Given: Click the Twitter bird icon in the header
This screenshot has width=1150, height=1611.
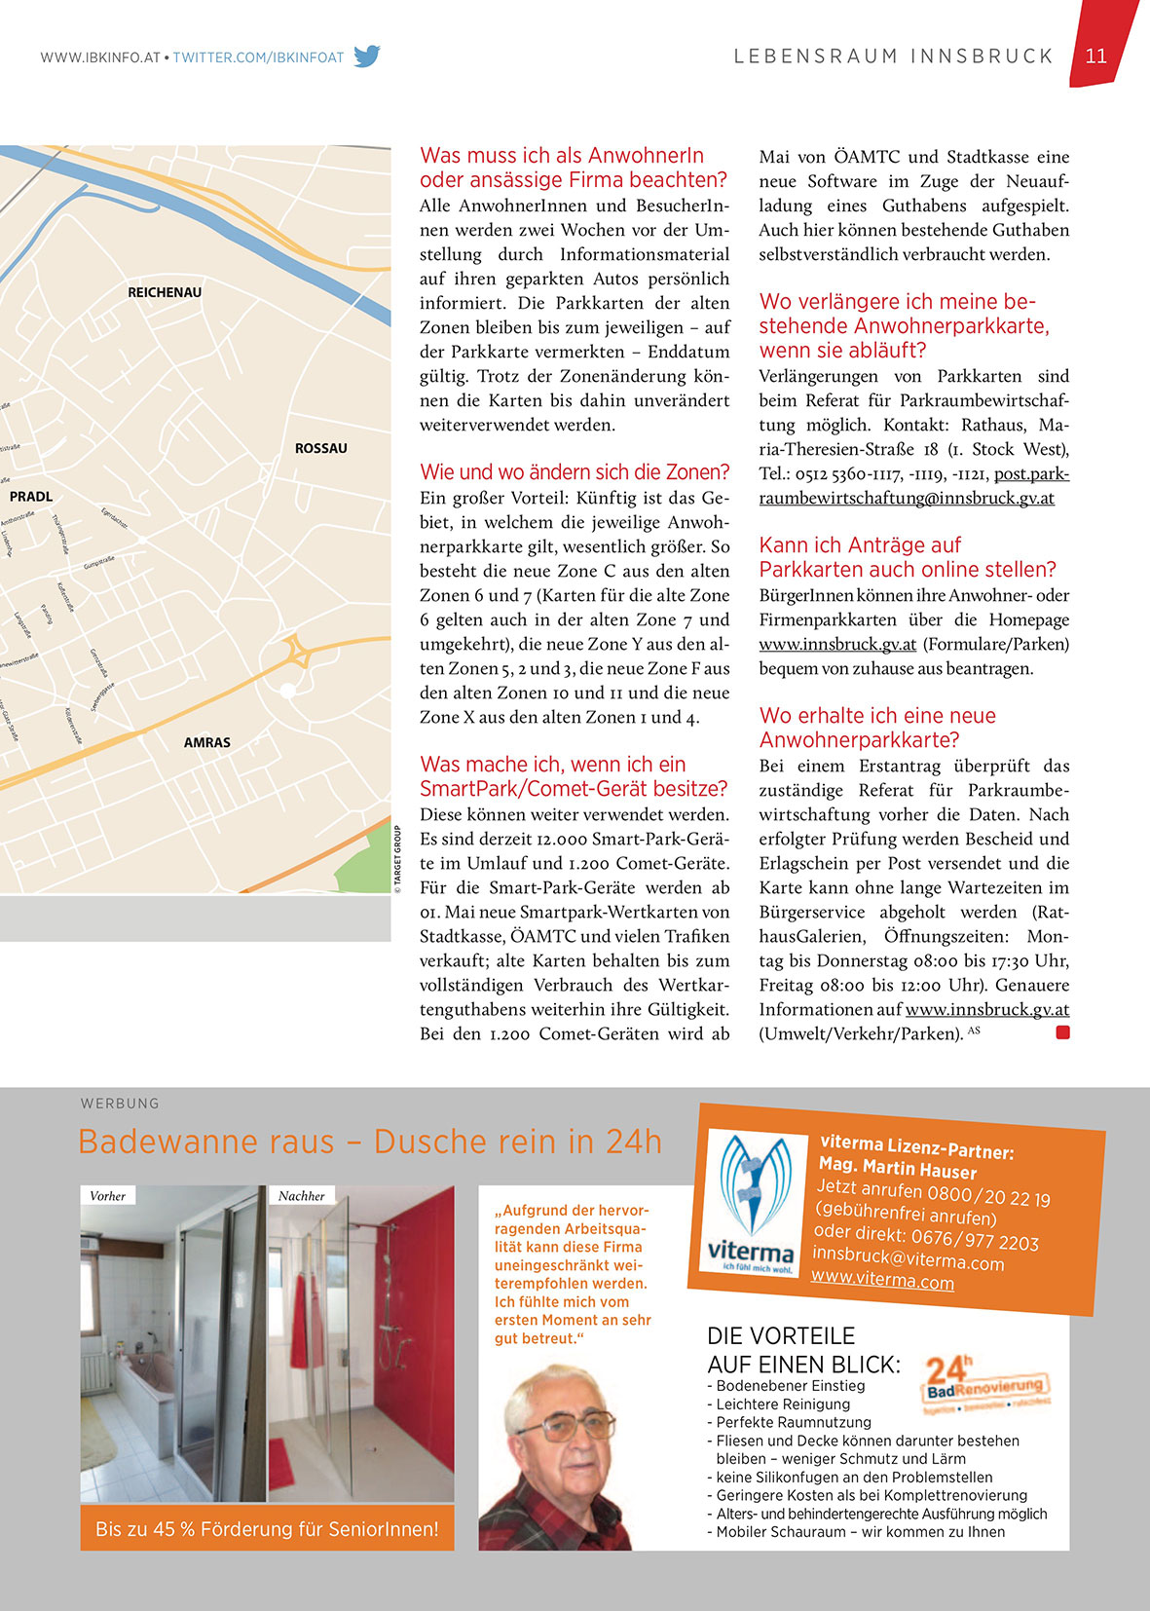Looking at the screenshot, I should point(366,56).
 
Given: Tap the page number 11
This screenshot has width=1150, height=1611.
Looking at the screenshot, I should point(1096,56).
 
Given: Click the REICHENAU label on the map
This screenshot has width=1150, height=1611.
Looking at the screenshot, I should point(165,292).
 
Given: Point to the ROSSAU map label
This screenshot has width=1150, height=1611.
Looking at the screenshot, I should point(320,448).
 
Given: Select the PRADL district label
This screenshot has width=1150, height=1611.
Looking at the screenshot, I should point(31,497).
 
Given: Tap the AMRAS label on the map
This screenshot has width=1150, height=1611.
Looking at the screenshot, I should point(207,742).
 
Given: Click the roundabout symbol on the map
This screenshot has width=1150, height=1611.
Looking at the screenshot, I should point(296,652).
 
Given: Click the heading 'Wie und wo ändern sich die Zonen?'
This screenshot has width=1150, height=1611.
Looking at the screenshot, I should point(575,472).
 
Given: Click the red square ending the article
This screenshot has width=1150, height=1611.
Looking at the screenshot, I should point(1062,1032).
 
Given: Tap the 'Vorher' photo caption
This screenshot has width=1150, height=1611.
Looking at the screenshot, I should point(107,1196).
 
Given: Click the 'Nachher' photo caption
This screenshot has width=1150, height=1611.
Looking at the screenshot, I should point(301,1196).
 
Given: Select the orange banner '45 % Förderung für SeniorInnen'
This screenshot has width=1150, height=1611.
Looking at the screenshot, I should point(267,1529).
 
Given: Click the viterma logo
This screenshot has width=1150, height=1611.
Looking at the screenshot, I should point(751,1204).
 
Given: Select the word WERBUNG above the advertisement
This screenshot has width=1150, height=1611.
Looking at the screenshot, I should point(120,1104).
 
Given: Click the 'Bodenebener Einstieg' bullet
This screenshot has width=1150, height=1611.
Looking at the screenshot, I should point(790,1386).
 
